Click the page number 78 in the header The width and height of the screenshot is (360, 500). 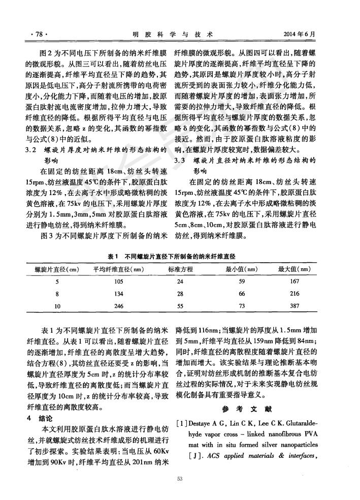tap(39, 35)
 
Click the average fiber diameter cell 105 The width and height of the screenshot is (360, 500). tap(105, 282)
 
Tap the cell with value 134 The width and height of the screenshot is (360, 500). tap(105, 294)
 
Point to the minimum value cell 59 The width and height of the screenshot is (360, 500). tap(241, 282)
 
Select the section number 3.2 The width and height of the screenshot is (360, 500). tap(31, 150)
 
